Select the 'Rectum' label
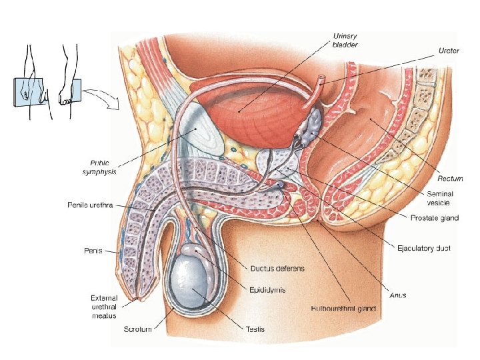click(451, 178)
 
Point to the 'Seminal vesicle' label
click(441, 198)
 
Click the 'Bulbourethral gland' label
click(344, 309)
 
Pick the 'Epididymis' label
click(267, 289)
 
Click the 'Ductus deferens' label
click(277, 269)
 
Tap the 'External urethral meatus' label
click(104, 306)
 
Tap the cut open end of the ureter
click(322, 80)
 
